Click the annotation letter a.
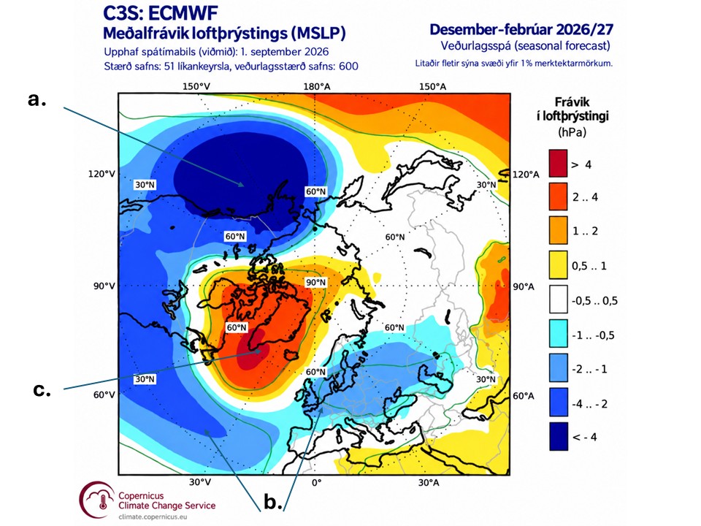click(37, 100)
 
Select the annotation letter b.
click(272, 502)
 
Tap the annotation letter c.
click(42, 389)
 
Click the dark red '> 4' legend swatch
click(559, 163)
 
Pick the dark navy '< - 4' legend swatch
click(559, 436)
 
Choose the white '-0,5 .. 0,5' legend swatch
click(559, 300)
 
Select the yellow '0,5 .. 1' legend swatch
click(559, 265)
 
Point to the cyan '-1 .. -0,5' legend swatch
click(559, 334)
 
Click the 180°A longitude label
click(317, 87)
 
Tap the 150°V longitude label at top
click(196, 86)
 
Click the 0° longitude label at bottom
click(316, 483)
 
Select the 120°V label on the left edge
click(101, 174)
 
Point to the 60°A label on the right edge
click(523, 396)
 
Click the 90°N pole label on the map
click(315, 283)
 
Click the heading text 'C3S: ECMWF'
click(161, 13)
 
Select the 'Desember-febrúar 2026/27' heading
click(521, 29)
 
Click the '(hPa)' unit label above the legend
click(572, 132)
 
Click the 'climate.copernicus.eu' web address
click(153, 517)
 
